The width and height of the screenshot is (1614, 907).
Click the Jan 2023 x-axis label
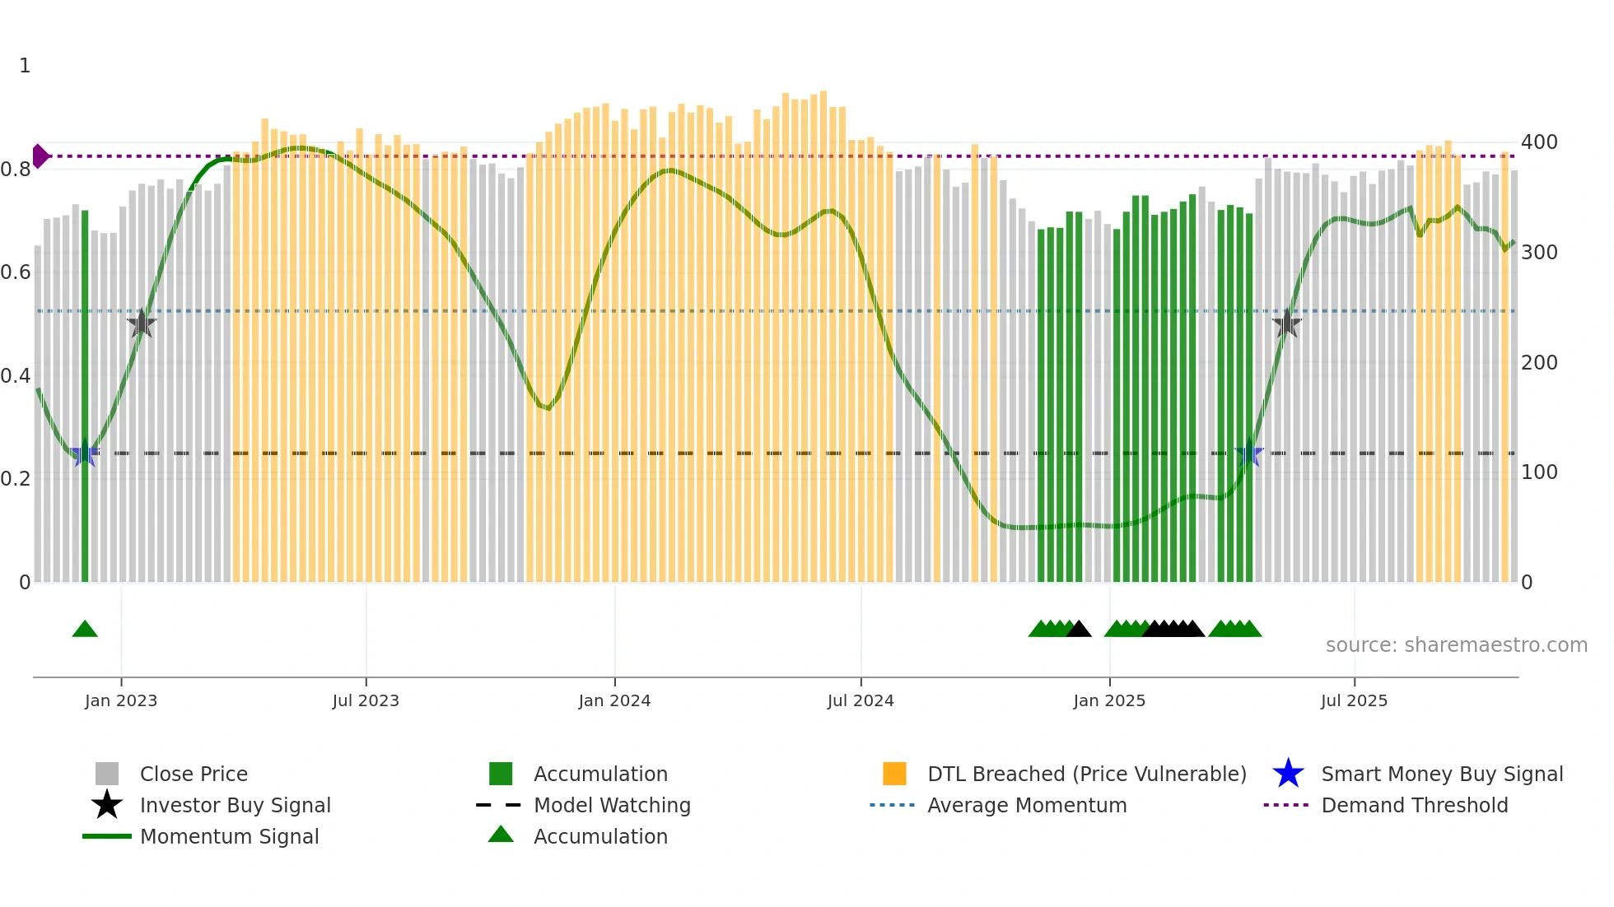click(x=121, y=700)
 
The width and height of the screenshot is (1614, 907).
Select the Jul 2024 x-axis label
click(x=861, y=700)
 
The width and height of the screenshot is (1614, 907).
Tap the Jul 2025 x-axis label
click(x=1354, y=700)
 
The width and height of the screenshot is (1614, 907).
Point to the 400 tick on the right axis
click(x=1539, y=142)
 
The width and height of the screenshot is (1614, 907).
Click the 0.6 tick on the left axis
click(x=16, y=272)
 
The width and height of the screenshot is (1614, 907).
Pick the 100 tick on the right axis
click(x=1539, y=472)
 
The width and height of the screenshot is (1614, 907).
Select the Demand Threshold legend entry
click(x=1414, y=805)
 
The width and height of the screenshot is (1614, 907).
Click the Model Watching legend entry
click(x=611, y=805)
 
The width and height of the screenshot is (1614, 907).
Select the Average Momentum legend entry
click(x=1026, y=805)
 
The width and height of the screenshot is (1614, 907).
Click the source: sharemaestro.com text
click(x=1456, y=645)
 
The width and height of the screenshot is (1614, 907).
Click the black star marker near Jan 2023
click(x=142, y=323)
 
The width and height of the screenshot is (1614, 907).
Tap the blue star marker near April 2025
click(x=1249, y=453)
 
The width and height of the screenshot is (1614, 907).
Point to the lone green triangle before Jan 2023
click(x=85, y=630)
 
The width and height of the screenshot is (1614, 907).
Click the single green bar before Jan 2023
click(x=85, y=395)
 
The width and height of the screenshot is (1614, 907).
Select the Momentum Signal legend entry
click(x=228, y=836)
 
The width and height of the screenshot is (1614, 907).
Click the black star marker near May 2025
click(x=1287, y=323)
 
